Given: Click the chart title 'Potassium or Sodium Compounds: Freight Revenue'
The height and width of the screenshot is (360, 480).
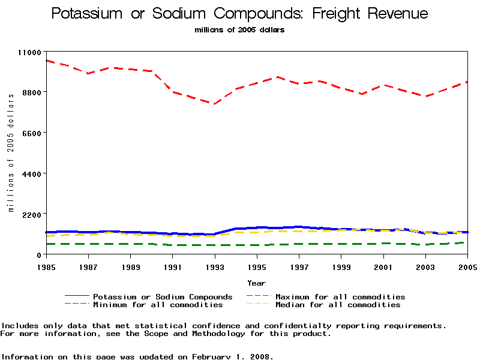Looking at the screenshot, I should pos(240,14).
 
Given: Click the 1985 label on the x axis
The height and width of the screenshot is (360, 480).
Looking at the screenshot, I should pos(46,266).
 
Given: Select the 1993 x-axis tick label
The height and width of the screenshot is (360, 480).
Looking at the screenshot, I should pos(215,266).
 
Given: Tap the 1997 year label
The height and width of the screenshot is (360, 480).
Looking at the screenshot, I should pos(299,266).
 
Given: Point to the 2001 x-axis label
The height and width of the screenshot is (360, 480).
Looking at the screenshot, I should pos(383,266).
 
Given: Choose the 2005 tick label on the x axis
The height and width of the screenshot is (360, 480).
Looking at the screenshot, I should pos(467,266).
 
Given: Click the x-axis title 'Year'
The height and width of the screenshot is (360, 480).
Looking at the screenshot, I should pos(257,283).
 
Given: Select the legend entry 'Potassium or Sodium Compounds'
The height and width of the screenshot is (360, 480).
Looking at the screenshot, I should pos(163,297).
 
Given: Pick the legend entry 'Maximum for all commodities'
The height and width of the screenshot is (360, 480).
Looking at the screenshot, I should pos(340,297).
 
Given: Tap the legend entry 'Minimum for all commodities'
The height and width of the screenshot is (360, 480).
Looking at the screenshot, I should pos(158,305).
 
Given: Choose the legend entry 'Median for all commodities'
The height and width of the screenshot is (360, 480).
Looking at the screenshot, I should pos(338,305).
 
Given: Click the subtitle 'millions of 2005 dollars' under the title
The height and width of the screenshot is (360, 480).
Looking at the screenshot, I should pos(240,30).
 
